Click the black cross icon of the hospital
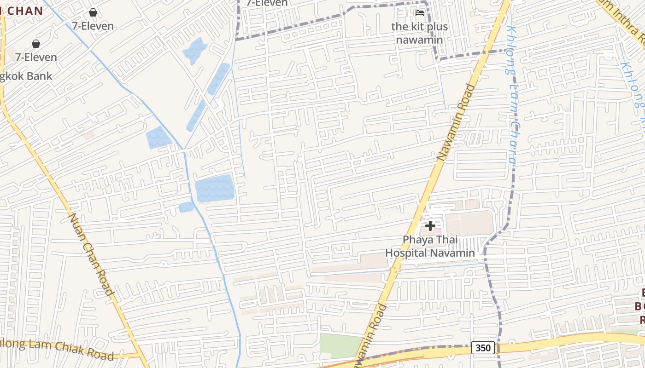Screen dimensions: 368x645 click(430, 226)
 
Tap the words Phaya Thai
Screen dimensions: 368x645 click(430, 240)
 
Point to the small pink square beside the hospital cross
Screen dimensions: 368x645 click(438, 231)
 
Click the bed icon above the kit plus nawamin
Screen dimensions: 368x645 click(419, 13)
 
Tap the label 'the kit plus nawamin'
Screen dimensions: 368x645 click(419, 33)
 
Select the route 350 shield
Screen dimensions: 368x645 click(483, 348)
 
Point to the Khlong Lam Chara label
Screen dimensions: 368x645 click(512, 94)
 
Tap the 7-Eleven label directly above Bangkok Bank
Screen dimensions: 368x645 click(36, 57)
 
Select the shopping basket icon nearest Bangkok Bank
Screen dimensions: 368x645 click(36, 44)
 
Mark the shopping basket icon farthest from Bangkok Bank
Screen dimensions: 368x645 click(93, 12)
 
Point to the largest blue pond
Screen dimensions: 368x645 click(214, 188)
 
